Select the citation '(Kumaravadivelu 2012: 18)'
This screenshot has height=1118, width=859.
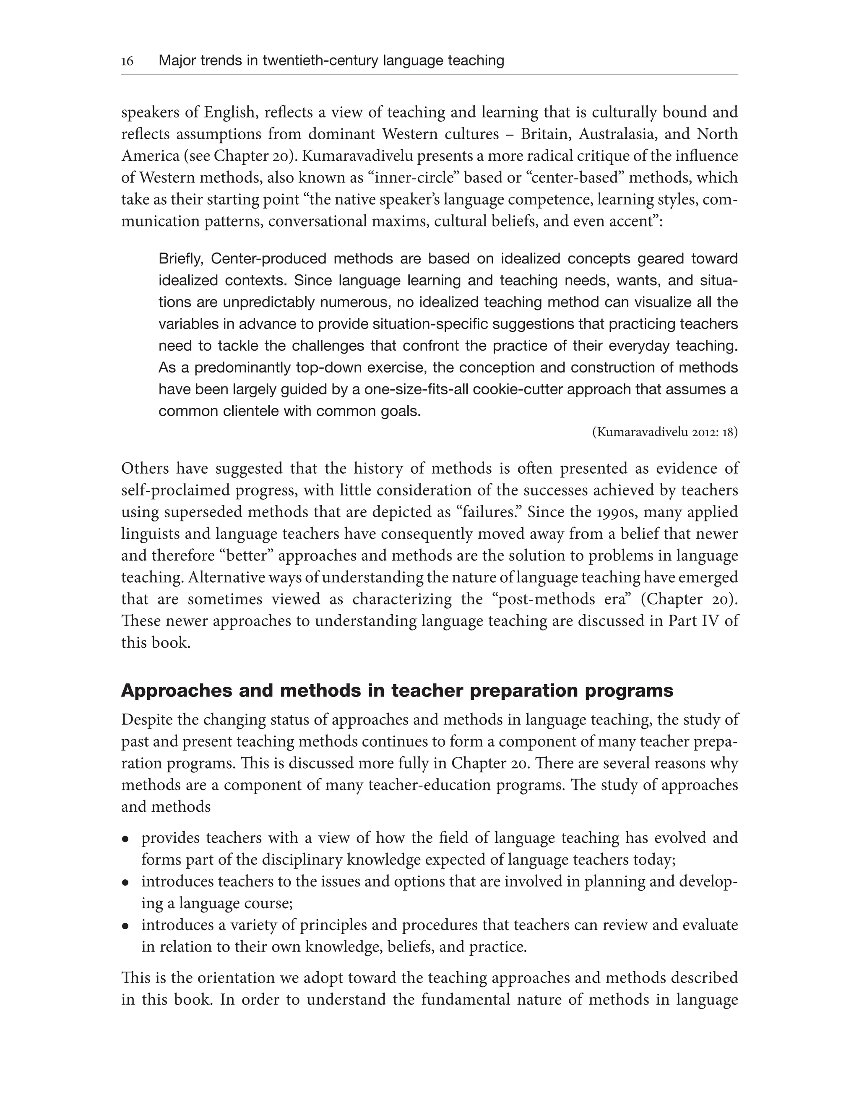point(664,432)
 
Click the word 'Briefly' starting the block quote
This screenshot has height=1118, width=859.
point(180,259)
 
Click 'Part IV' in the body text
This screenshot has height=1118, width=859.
point(695,621)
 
